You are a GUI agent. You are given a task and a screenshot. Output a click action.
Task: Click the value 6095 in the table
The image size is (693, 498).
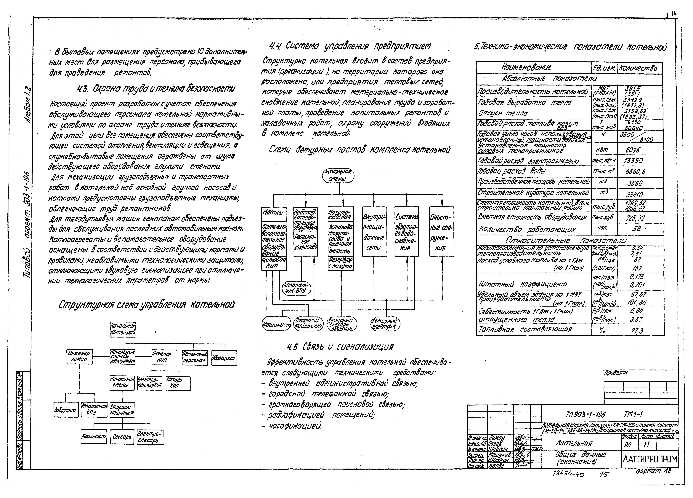[x=633, y=150]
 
